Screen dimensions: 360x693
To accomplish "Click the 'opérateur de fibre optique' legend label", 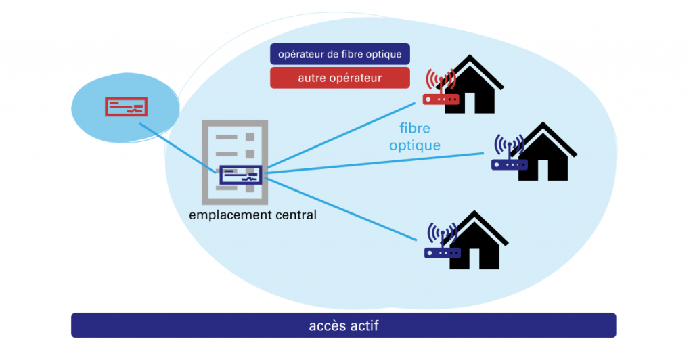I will [340, 54].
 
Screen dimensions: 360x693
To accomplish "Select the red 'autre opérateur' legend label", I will [340, 78].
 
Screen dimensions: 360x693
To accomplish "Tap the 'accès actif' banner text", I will [343, 325].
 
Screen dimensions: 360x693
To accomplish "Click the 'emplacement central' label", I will [252, 215].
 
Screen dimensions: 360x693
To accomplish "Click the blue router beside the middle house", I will [510, 164].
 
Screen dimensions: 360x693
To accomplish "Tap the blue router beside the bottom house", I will [442, 252].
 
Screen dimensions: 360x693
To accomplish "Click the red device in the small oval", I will [126, 107].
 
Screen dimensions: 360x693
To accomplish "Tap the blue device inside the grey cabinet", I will [240, 175].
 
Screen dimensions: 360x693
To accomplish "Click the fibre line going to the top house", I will [338, 139].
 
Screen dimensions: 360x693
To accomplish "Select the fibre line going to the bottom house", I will [338, 206].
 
